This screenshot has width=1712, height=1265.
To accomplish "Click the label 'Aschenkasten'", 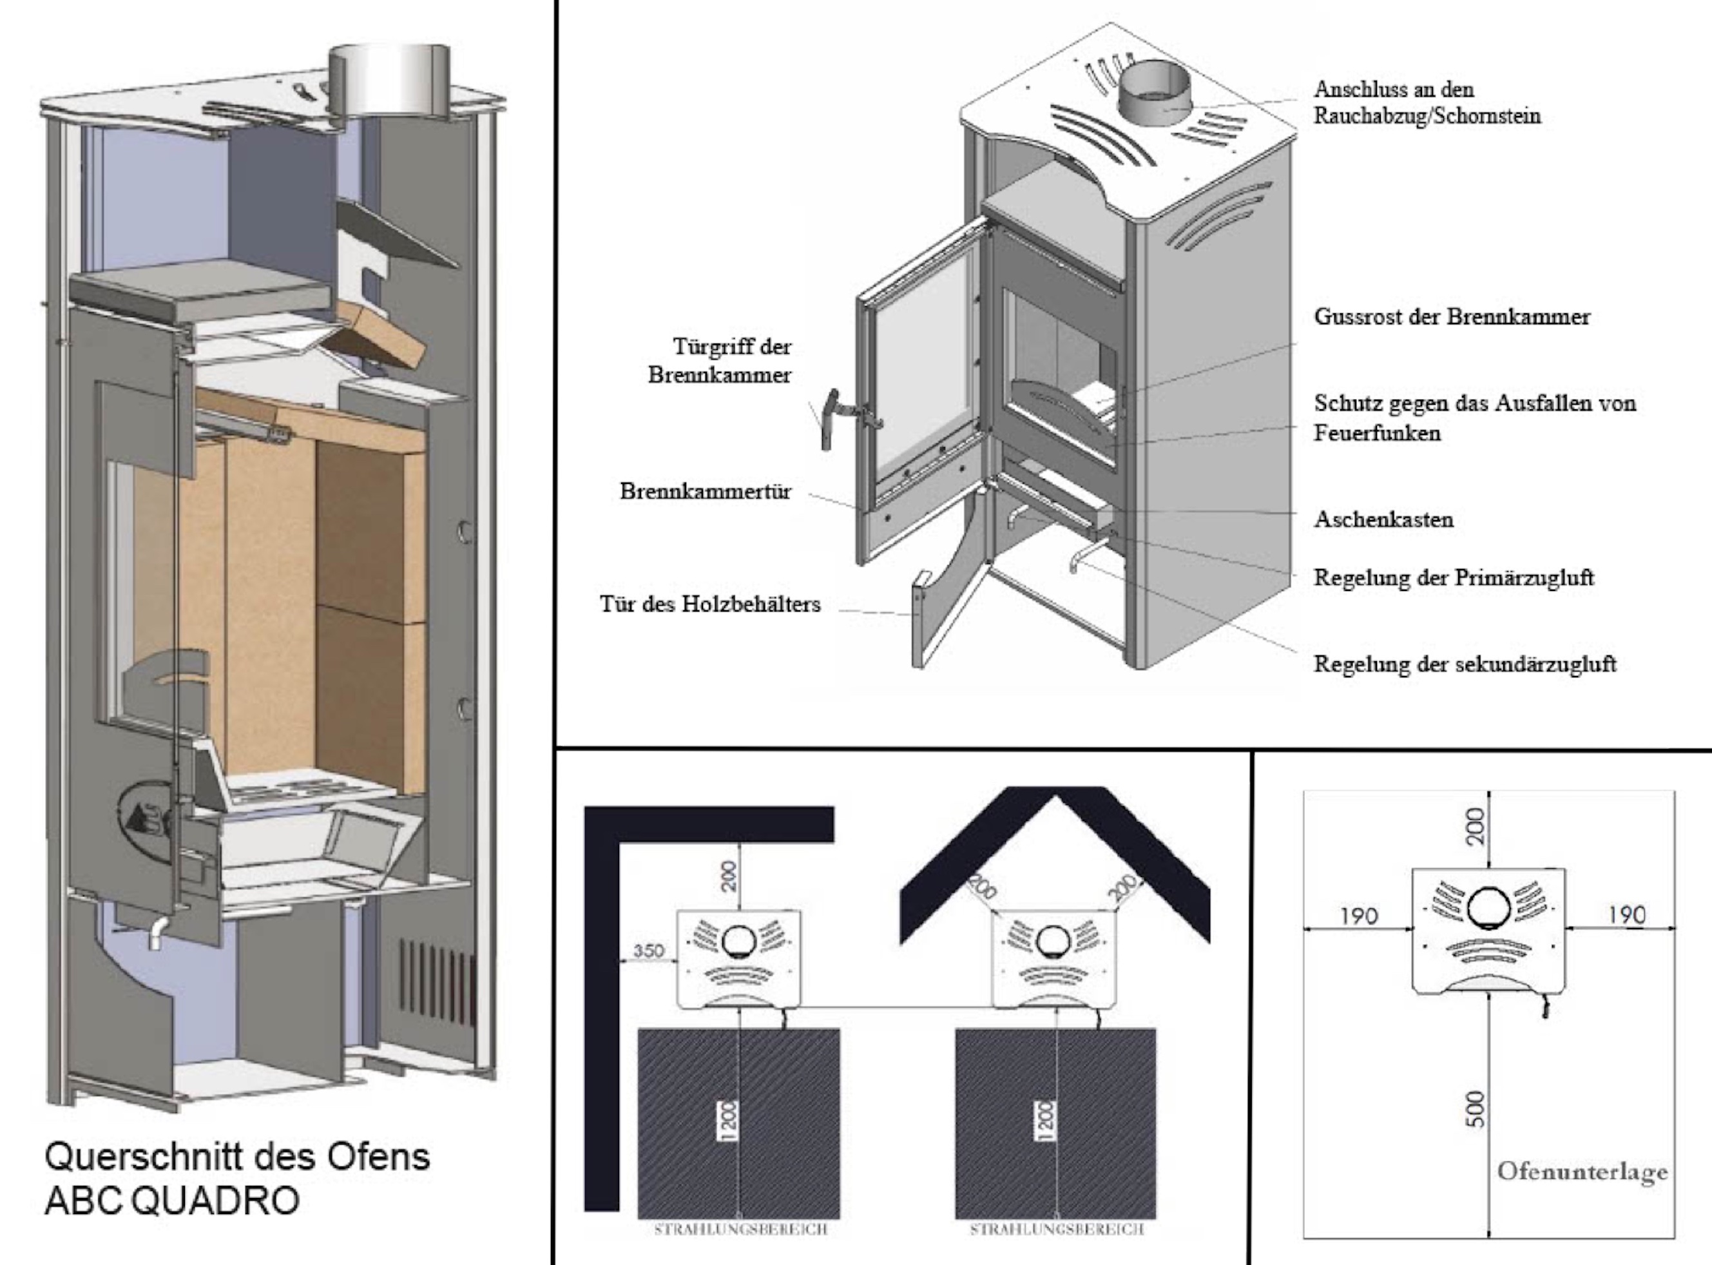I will pos(1383,519).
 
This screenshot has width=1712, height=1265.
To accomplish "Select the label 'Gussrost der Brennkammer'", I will pos(1452,317).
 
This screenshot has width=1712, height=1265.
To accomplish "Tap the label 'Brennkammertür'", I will pos(705,491).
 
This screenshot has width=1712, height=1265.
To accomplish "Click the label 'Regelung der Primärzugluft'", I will pos(1453,577).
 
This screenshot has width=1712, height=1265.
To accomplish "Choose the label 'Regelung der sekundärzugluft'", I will pos(1465,663).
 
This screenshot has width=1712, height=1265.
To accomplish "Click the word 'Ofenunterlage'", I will pos(1582,1172).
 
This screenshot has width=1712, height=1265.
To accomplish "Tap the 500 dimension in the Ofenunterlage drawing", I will pos(1476,1108).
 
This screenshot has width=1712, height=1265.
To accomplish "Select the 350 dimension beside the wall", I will pos(648,951).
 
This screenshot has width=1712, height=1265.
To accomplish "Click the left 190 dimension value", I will pos(1358,916).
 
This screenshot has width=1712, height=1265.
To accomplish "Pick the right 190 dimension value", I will pos(1626,915).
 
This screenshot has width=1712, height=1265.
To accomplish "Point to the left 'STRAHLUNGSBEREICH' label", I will pos(740,1230).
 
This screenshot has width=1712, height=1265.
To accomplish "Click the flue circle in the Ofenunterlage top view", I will pos(1489,907).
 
